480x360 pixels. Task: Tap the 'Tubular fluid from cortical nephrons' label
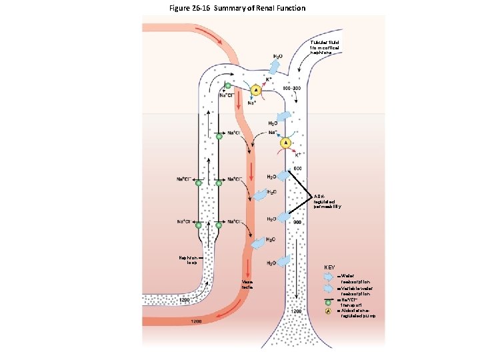point(325,47)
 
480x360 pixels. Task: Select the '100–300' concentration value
point(292,88)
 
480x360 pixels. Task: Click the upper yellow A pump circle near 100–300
point(255,91)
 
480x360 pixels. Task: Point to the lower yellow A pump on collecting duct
point(286,143)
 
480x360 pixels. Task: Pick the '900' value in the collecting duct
point(299,221)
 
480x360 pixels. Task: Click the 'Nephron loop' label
point(188,259)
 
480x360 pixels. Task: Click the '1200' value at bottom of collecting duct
point(297,311)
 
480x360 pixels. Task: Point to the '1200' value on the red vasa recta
point(196,322)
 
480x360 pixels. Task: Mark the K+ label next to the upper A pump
point(269,80)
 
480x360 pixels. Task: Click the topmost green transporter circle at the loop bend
point(228,86)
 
